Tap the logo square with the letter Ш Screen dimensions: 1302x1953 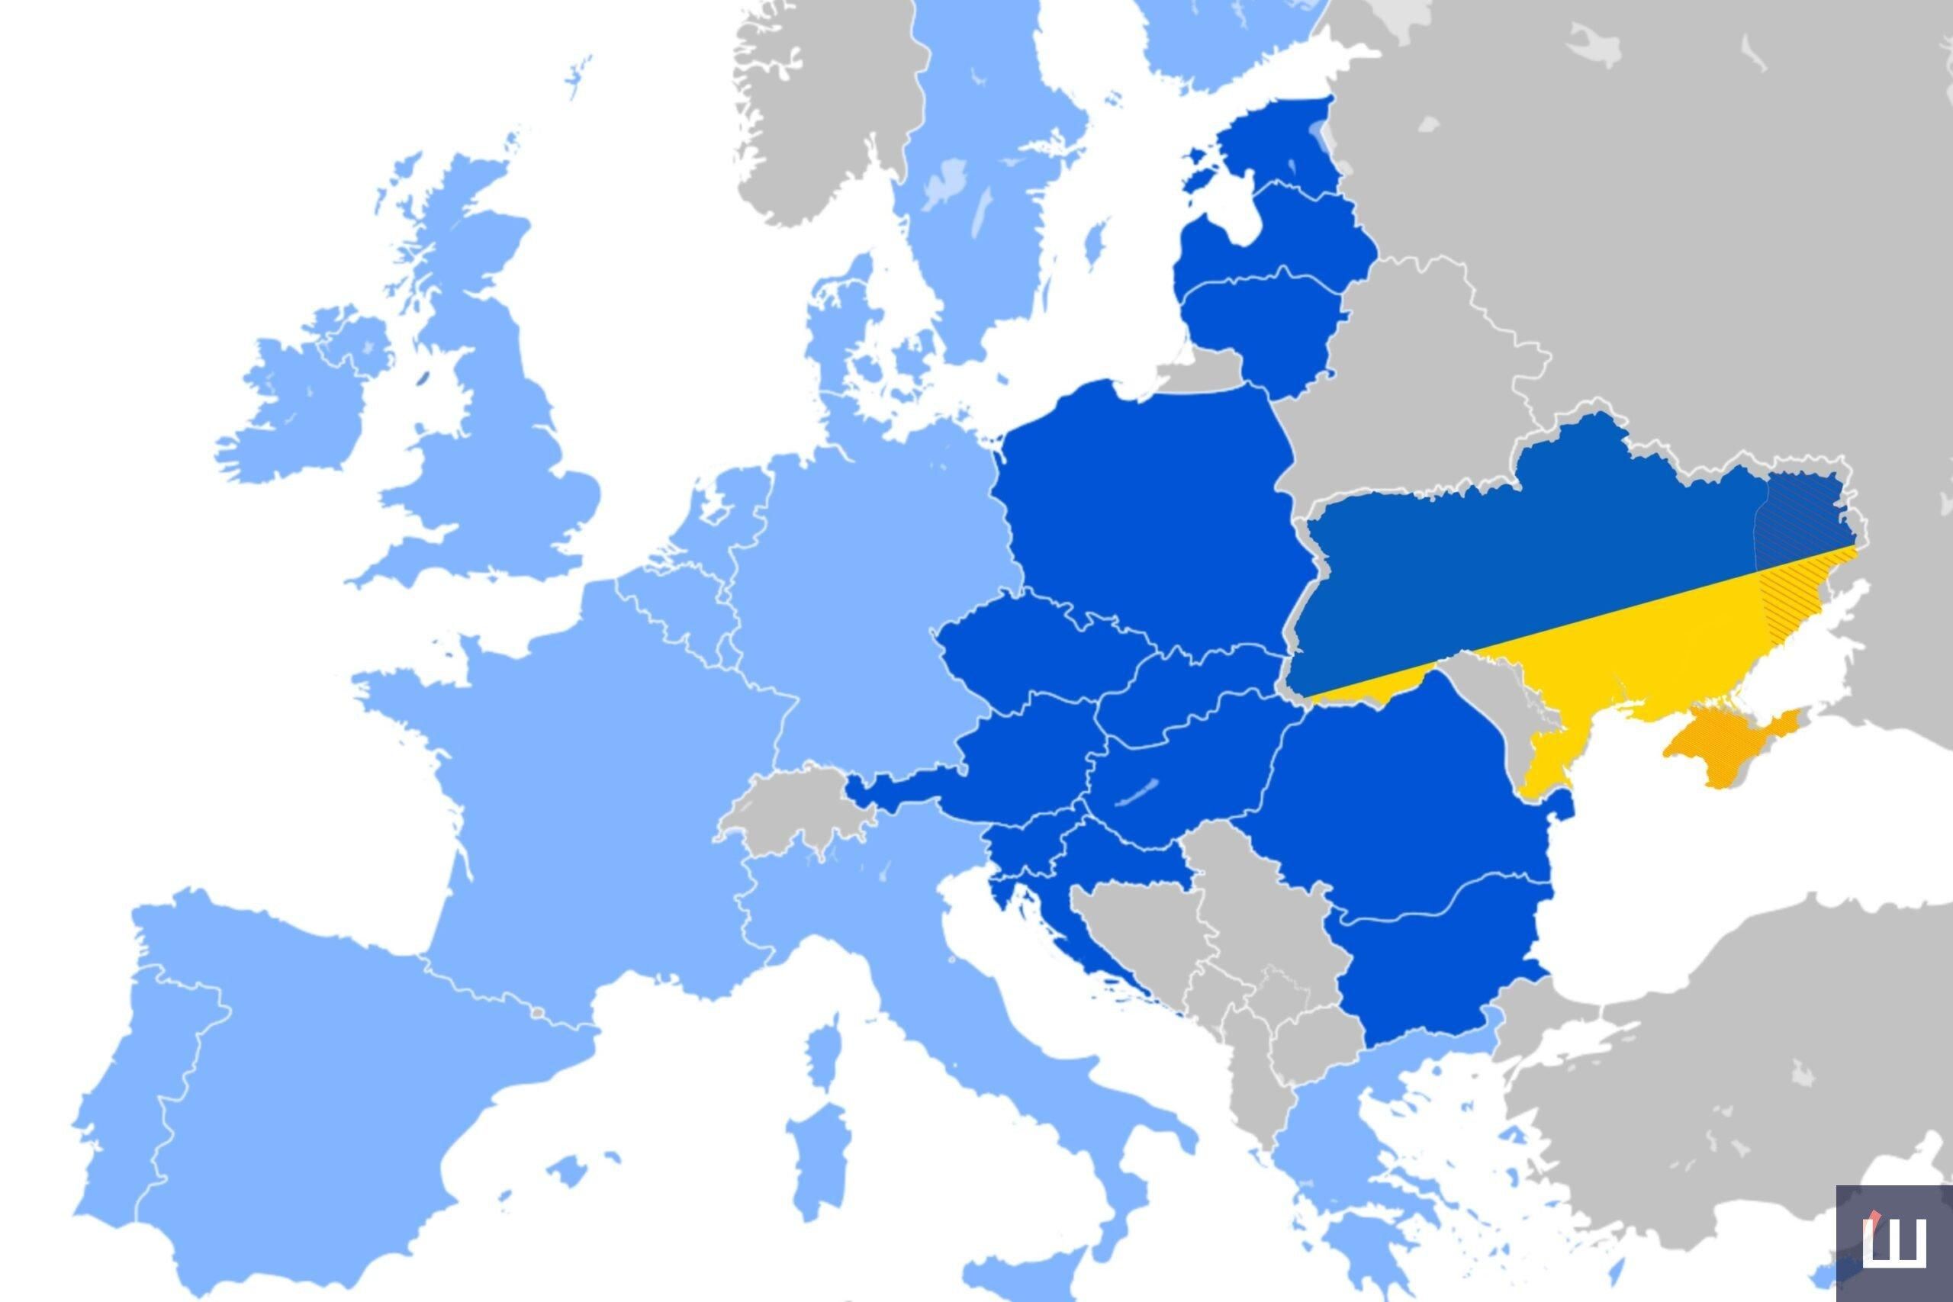(x=1893, y=1243)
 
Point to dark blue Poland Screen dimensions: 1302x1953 (x=1146, y=515)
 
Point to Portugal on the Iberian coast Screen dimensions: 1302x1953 (x=124, y=1104)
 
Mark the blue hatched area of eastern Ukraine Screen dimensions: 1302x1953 (x=1797, y=523)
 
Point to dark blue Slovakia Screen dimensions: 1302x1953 (x=1195, y=690)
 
